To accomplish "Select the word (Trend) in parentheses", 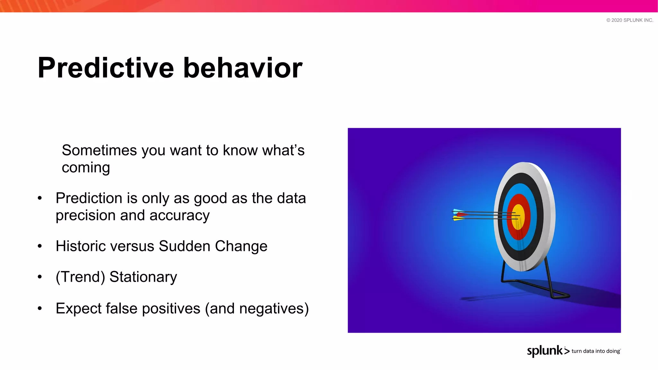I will click(80, 277).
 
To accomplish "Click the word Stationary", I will click(143, 277).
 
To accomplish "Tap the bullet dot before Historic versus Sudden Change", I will click(40, 246).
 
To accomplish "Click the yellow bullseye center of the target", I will click(518, 217).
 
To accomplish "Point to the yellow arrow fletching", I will click(458, 219).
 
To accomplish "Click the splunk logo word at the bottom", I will click(545, 351).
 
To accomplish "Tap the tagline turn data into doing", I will click(596, 351).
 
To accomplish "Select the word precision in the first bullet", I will click(85, 216).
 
